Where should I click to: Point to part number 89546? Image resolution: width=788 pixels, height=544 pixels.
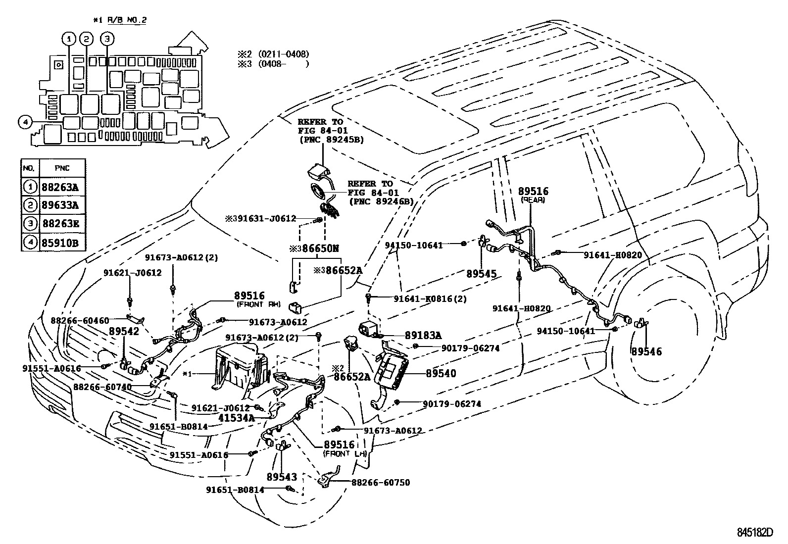click(646, 351)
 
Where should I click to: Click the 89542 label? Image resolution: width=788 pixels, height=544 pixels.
click(124, 331)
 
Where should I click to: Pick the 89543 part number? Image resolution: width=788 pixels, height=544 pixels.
click(282, 477)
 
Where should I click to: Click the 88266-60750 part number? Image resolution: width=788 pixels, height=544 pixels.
click(381, 482)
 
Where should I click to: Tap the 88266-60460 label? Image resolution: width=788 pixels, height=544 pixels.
click(80, 320)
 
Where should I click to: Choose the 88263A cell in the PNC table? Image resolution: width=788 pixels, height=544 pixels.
click(62, 187)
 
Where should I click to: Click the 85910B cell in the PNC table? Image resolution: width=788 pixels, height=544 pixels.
click(62, 243)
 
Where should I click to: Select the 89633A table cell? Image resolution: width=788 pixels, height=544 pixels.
click(62, 205)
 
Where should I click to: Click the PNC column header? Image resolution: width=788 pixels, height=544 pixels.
click(62, 168)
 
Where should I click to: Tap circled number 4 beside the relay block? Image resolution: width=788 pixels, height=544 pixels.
click(25, 121)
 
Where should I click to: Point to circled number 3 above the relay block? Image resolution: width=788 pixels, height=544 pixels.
click(106, 39)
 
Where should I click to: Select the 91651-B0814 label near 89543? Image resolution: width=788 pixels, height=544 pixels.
click(235, 490)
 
